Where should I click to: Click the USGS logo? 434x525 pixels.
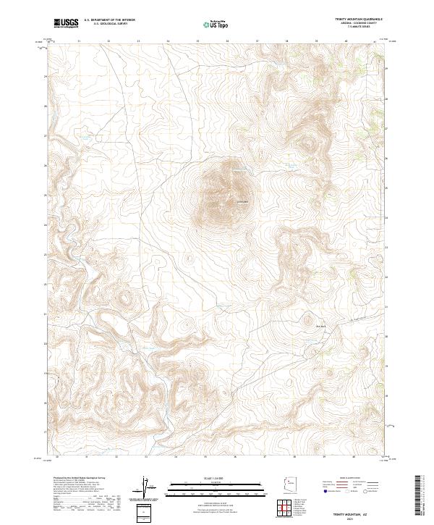(x=66, y=22)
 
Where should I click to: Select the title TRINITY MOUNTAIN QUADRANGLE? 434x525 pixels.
(x=358, y=20)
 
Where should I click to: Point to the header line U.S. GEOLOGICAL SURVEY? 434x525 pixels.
(x=109, y=24)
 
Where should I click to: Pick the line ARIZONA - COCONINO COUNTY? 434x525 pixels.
(x=358, y=23)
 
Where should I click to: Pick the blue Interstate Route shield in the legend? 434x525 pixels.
(x=326, y=491)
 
